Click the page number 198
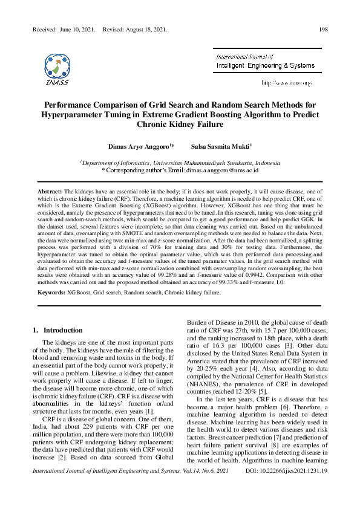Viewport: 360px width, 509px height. [323, 29]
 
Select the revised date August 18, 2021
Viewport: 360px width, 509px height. [145, 29]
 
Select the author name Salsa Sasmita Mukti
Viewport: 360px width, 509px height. [220, 146]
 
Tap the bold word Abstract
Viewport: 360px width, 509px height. [50, 190]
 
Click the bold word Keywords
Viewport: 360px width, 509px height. [52, 293]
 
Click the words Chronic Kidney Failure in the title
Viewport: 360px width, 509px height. [180, 125]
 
